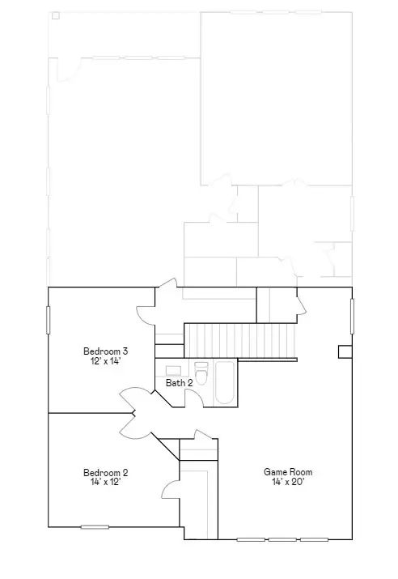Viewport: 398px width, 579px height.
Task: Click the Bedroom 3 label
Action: [105, 351]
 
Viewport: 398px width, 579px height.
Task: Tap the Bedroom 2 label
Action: [105, 472]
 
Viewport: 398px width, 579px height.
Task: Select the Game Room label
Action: [287, 472]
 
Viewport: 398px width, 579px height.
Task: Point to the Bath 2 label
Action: [179, 382]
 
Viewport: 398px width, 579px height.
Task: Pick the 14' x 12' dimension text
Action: [105, 482]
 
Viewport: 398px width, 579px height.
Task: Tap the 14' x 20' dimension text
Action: [287, 482]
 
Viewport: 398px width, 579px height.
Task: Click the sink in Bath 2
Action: [173, 370]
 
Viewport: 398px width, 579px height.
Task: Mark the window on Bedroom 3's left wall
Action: [49, 318]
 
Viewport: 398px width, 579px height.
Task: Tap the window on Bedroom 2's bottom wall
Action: [95, 527]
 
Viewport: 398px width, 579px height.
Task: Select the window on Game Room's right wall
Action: [352, 315]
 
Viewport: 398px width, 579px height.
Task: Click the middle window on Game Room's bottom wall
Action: [282, 539]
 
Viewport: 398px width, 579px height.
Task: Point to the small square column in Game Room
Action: [345, 351]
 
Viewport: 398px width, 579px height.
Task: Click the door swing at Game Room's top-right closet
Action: [300, 305]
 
